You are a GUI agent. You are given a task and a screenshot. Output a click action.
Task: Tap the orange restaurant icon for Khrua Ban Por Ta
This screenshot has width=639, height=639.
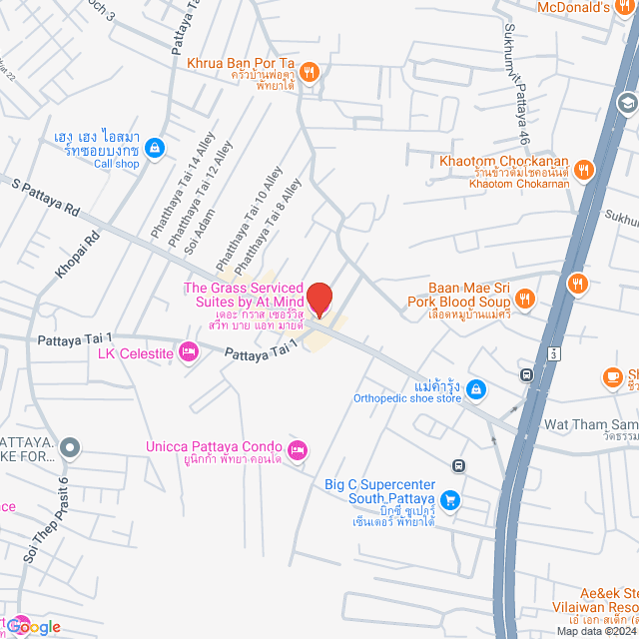(311, 71)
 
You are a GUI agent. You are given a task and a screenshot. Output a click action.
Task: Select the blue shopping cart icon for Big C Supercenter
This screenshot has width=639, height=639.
(450, 499)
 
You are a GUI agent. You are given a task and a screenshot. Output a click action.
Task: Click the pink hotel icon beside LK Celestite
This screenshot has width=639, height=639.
(187, 351)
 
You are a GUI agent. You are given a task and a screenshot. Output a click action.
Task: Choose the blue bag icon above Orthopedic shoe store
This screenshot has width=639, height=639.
(476, 387)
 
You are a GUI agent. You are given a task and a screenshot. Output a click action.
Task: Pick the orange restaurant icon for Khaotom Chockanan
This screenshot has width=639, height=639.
(585, 171)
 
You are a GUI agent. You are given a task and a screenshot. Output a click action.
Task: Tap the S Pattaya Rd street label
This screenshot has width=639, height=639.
(45, 198)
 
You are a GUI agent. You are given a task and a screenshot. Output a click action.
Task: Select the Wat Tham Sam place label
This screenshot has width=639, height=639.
(590, 424)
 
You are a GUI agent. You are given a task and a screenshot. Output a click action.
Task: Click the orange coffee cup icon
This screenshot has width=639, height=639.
(612, 376)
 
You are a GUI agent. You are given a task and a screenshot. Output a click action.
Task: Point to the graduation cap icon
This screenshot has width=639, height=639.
(626, 102)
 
